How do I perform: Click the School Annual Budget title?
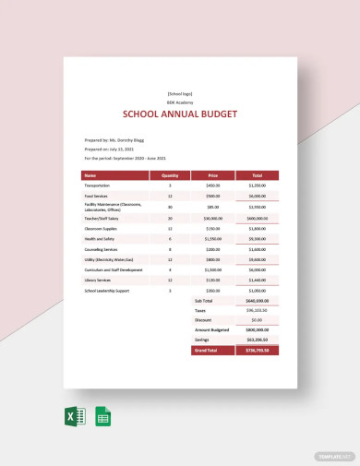pyautogui.click(x=180, y=114)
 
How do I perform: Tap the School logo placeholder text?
pyautogui.click(x=180, y=93)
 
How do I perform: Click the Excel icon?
pyautogui.click(x=78, y=416)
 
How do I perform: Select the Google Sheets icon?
pyautogui.click(x=102, y=416)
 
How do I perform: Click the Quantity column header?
pyautogui.click(x=170, y=173)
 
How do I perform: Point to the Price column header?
pyautogui.click(x=213, y=173)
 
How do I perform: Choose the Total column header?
pyautogui.click(x=257, y=173)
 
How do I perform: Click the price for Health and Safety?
pyautogui.click(x=213, y=238)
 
